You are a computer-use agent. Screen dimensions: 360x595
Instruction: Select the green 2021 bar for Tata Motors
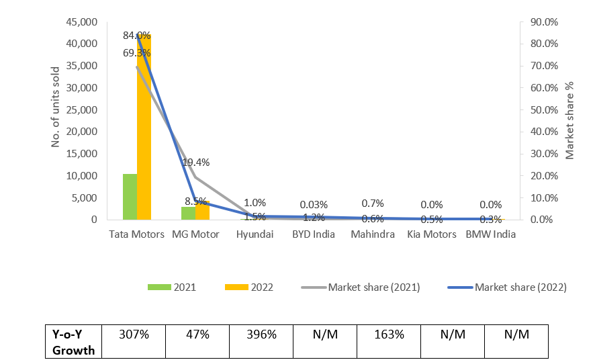point(130,197)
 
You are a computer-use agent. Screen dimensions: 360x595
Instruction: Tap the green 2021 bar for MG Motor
point(189,213)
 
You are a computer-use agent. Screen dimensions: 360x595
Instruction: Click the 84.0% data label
point(137,35)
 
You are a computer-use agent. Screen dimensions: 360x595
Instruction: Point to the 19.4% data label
point(196,162)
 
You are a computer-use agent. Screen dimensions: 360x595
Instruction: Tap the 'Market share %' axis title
point(569,121)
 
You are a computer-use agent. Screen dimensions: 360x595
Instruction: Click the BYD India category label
point(314,234)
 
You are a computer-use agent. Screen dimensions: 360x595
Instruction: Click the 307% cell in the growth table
point(133,334)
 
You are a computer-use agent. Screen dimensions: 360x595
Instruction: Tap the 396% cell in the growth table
point(261,334)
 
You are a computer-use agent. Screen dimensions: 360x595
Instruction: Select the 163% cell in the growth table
point(388,334)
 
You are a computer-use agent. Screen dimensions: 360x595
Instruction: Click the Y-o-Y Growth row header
point(73,341)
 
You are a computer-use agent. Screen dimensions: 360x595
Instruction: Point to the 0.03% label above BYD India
point(314,205)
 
